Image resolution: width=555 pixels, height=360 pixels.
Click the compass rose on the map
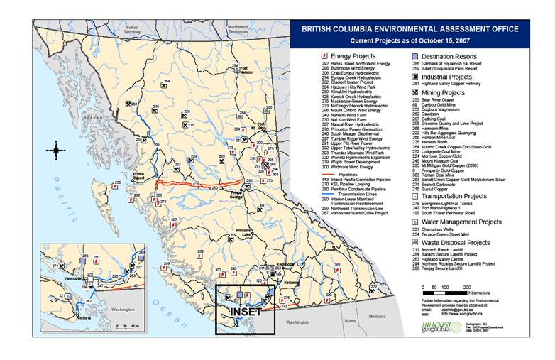(57, 149)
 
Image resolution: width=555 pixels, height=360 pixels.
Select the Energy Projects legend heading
(358, 54)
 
